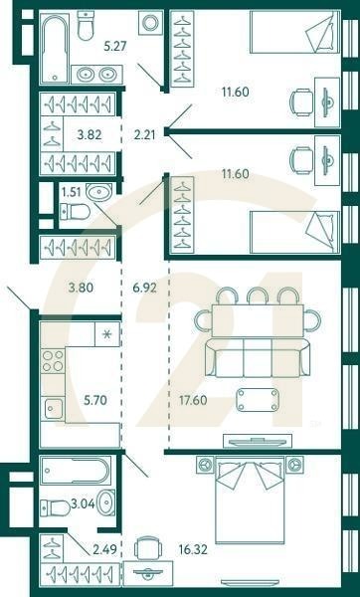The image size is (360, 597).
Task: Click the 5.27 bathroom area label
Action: pos(116,45)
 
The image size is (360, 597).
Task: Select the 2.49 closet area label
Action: pos(104,547)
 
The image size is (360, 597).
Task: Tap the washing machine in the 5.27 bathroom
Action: pos(151,23)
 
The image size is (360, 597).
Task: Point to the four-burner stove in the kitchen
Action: pos(53,360)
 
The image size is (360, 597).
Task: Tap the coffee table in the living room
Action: pos(258,400)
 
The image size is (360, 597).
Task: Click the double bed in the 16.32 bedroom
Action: pos(250,500)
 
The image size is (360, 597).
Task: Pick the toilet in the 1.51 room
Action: pos(75,210)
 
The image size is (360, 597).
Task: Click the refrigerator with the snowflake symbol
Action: pos(106,333)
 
